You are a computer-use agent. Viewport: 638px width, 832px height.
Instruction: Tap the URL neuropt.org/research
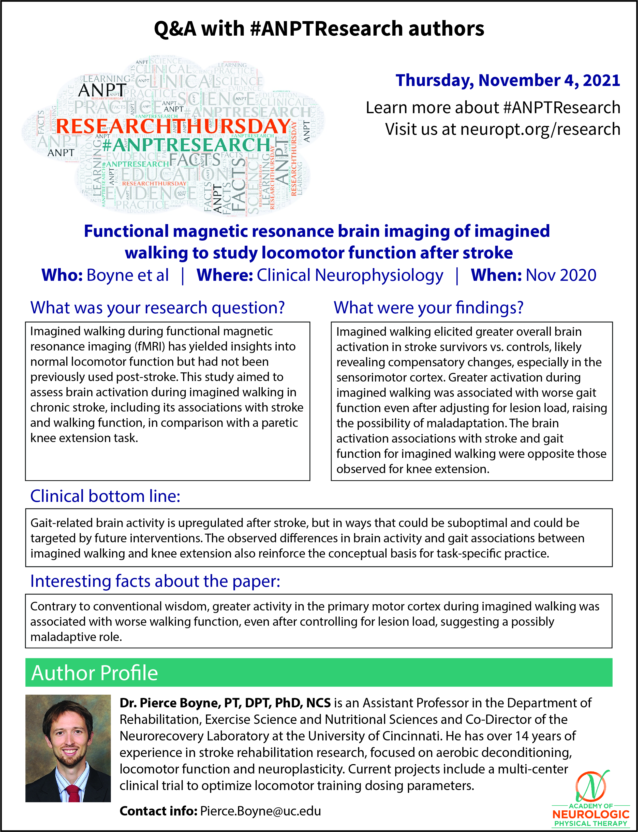click(540, 129)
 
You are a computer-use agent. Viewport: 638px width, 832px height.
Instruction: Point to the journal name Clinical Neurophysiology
click(350, 275)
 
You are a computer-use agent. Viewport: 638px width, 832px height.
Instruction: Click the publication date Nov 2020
click(561, 275)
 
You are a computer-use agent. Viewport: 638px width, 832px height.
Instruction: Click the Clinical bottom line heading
click(105, 496)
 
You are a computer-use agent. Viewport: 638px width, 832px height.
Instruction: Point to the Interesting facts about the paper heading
click(155, 581)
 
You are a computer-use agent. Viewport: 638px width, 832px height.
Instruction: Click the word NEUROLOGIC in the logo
click(590, 814)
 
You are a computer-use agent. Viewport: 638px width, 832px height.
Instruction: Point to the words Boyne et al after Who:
click(128, 275)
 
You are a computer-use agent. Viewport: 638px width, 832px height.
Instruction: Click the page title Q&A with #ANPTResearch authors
click(319, 29)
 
